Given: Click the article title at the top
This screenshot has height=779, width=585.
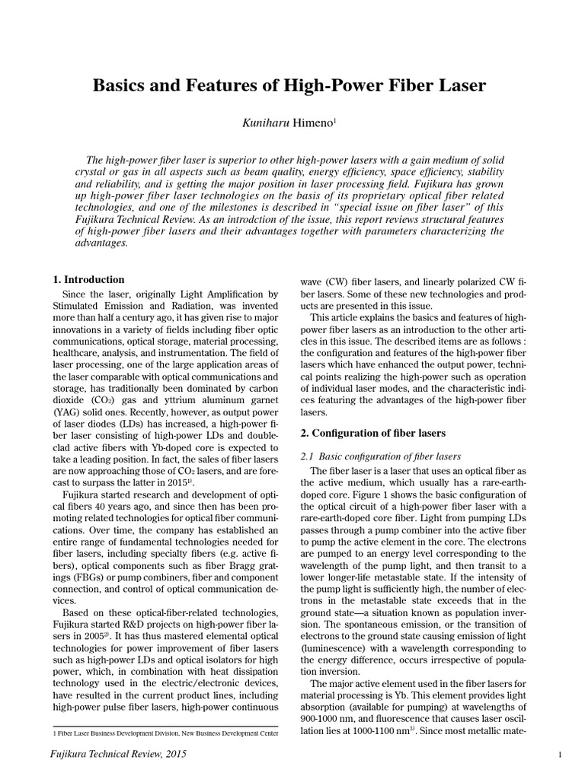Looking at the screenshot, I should point(289,86).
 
